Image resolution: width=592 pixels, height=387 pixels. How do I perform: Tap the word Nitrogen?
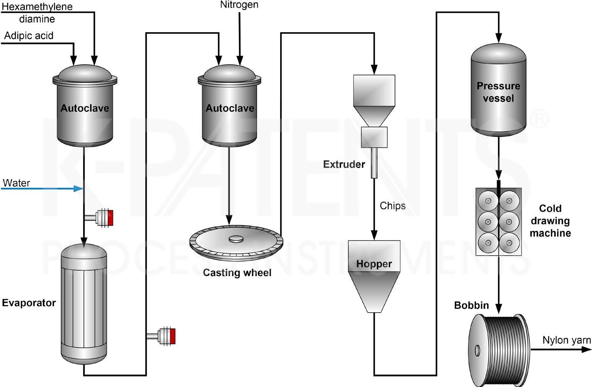(x=239, y=5)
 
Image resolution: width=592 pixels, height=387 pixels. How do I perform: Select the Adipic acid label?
(x=29, y=36)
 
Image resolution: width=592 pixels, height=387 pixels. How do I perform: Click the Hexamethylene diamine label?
(x=37, y=13)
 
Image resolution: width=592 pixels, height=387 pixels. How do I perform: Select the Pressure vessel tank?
(x=498, y=90)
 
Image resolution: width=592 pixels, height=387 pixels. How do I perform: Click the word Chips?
(x=393, y=206)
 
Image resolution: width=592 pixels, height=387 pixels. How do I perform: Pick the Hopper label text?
(x=374, y=264)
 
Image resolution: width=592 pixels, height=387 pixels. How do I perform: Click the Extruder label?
(x=344, y=165)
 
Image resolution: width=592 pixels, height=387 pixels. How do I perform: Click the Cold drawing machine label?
(x=550, y=221)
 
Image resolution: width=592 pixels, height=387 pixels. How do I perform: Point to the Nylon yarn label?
(x=566, y=340)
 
